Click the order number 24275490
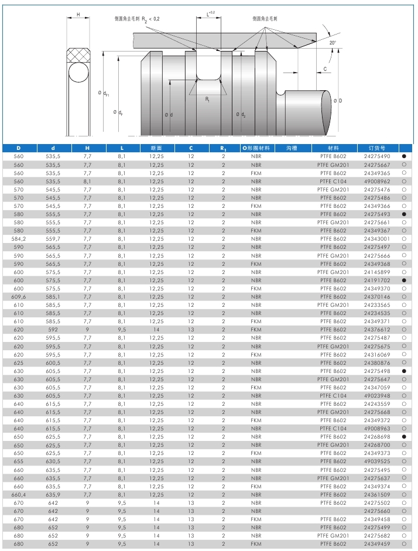377,157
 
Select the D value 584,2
19,239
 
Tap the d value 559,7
53,239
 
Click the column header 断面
156,148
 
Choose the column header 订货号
376,148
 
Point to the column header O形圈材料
256,148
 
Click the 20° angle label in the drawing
333,43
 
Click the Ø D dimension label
337,101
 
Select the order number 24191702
377,280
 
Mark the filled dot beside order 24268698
404,437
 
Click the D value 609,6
19,297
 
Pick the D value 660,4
19,495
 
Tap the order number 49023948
377,396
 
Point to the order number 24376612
377,330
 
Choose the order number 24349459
377,544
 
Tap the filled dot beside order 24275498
404,371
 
